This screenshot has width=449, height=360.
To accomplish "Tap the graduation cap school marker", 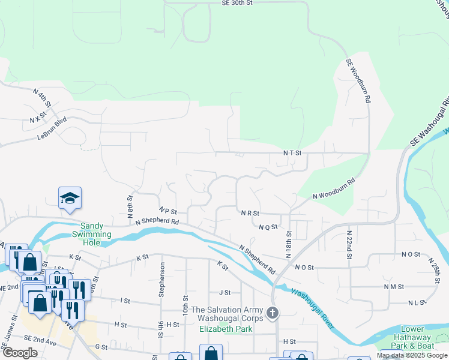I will tap(70, 199).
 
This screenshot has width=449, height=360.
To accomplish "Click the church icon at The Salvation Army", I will tap(273, 313).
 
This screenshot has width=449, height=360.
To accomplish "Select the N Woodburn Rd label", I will tap(334, 188).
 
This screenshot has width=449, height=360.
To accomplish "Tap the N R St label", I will tap(250, 213).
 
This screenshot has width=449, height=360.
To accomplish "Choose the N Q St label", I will tap(268, 227).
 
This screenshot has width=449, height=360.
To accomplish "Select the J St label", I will tap(225, 293).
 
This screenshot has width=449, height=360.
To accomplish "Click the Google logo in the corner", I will tap(20, 352).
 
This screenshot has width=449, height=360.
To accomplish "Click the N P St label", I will tap(169, 211).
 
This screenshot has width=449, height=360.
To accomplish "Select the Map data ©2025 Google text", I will tap(412, 356).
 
